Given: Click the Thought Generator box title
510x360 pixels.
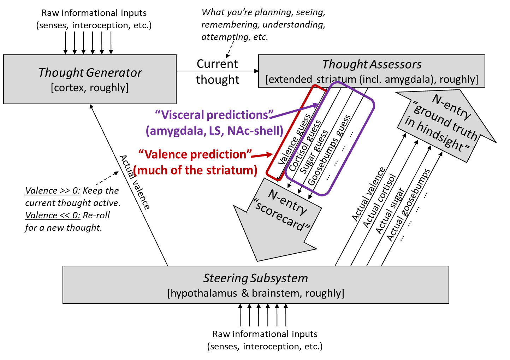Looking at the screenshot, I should coord(90,72).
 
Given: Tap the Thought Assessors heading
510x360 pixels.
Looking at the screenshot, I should coord(372,64).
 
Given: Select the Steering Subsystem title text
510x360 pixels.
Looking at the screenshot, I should coord(255,278).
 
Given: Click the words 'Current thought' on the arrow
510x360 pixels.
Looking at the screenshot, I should coord(218,72).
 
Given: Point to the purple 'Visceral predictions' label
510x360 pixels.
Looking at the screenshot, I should coord(214,115).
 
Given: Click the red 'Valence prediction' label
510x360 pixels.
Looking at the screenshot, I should coord(195,154).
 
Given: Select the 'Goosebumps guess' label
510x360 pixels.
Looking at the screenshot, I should coord(329,150).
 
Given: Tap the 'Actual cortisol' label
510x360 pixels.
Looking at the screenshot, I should coord(379,201).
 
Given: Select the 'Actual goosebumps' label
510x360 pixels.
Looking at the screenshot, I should coord(408,205).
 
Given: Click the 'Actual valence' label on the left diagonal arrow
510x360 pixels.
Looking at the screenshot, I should coord(135,182).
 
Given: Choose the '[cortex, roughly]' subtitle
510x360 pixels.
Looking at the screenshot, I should coord(90,88).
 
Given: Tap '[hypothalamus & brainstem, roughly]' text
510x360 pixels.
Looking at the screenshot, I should coord(255,293).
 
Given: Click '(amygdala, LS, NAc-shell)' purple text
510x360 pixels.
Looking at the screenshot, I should coord(214,131).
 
